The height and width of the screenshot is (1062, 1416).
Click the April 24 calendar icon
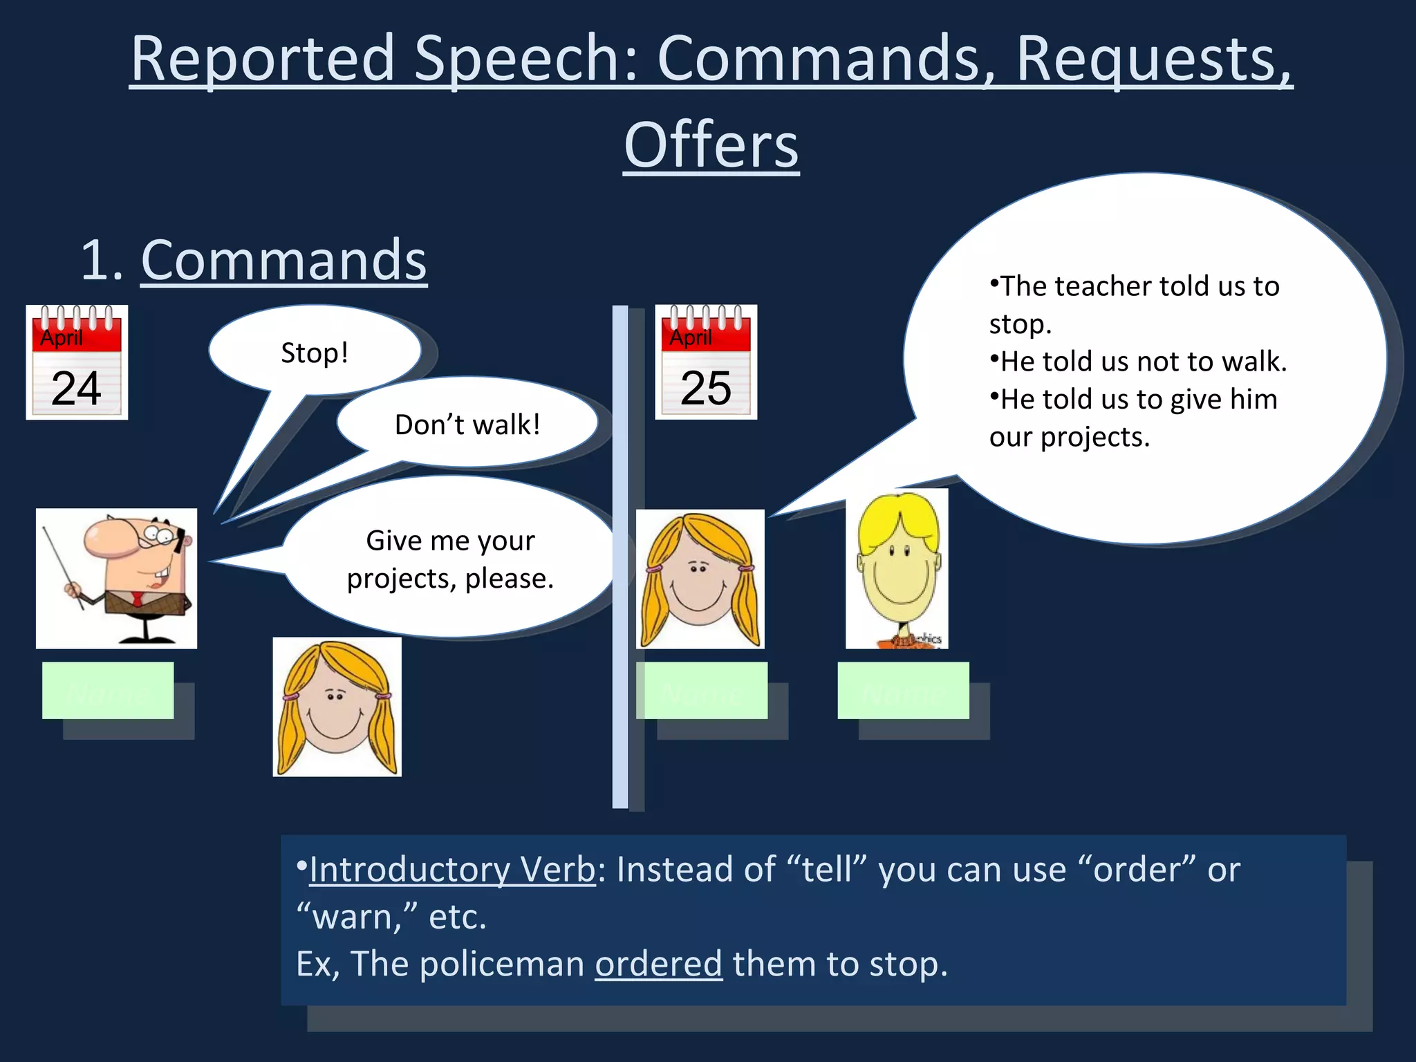[77, 362]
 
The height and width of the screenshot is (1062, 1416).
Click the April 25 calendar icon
[706, 362]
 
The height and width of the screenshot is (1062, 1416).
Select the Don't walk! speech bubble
[467, 424]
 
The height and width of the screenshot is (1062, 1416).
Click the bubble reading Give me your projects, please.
[450, 559]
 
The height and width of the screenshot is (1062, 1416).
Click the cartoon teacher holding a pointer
[116, 578]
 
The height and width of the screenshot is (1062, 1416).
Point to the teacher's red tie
[138, 599]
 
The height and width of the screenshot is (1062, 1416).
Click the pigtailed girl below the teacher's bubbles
[337, 707]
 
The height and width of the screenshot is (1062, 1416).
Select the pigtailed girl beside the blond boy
[700, 579]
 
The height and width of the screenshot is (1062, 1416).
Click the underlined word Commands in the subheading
[283, 260]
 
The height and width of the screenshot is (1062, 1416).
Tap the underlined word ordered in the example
[658, 964]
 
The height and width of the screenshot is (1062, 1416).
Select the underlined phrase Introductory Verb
[452, 869]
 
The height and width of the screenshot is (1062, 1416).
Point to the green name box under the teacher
[108, 690]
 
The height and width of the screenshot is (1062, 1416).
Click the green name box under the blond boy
[903, 690]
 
